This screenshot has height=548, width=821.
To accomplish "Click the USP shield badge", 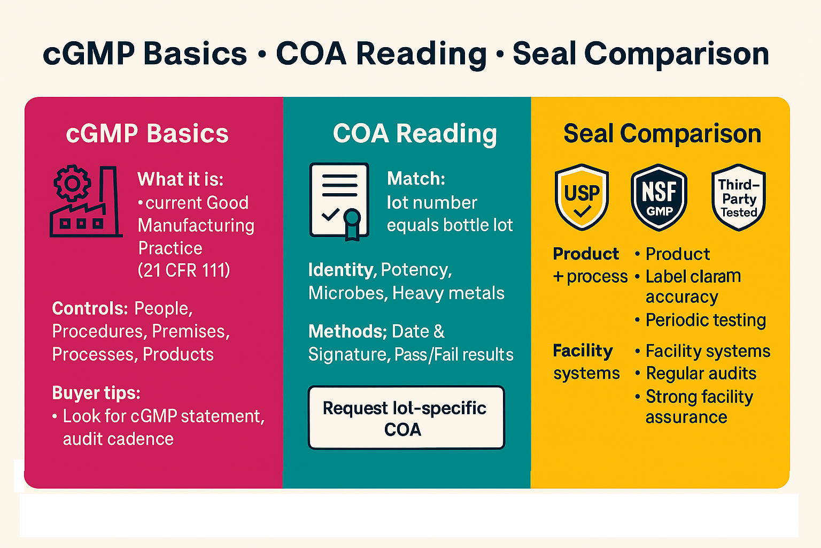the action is pyautogui.click(x=582, y=197).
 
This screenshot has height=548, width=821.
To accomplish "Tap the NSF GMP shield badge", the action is pyautogui.click(x=659, y=197).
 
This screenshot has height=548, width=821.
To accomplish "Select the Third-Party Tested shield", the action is pyautogui.click(x=739, y=197).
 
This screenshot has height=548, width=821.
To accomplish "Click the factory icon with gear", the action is pyautogui.click(x=86, y=201).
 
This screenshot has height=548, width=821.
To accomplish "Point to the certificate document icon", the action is pyautogui.click(x=339, y=202).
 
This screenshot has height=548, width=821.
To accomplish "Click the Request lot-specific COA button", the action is pyautogui.click(x=406, y=418).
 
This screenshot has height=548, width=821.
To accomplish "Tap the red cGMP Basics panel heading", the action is pyautogui.click(x=148, y=133).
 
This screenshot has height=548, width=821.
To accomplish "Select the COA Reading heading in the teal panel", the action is pyautogui.click(x=415, y=134).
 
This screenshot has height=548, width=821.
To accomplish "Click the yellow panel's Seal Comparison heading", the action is pyautogui.click(x=662, y=134).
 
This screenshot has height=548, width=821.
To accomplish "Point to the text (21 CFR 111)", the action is pyautogui.click(x=184, y=270).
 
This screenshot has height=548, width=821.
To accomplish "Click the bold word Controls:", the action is pyautogui.click(x=90, y=308).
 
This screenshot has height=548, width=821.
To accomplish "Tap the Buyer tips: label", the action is pyautogui.click(x=96, y=393).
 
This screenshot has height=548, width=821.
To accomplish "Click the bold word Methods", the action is pyautogui.click(x=347, y=331).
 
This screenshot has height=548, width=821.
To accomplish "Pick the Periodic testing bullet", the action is pyautogui.click(x=700, y=320).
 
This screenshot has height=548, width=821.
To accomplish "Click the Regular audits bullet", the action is pyautogui.click(x=695, y=374).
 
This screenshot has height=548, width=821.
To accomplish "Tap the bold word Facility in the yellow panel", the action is pyautogui.click(x=583, y=351).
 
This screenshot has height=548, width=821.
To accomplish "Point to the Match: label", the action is pyautogui.click(x=416, y=179).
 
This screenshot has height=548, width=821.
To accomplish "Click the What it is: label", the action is pyautogui.click(x=180, y=179).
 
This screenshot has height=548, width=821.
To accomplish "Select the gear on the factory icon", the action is pyautogui.click(x=72, y=183).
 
